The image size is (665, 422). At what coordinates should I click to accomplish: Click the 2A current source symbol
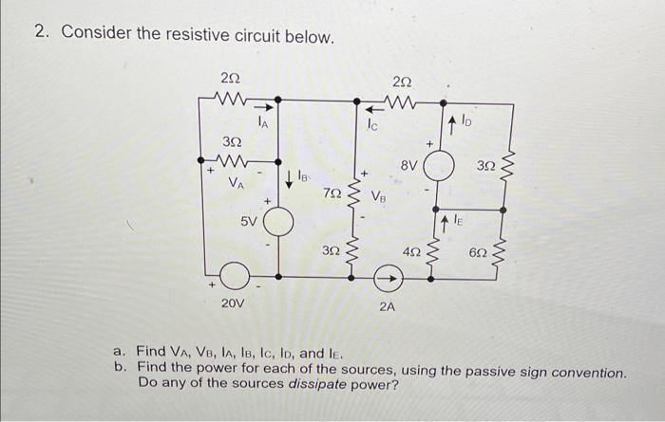[385, 277]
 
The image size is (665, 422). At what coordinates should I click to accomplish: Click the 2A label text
[389, 305]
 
